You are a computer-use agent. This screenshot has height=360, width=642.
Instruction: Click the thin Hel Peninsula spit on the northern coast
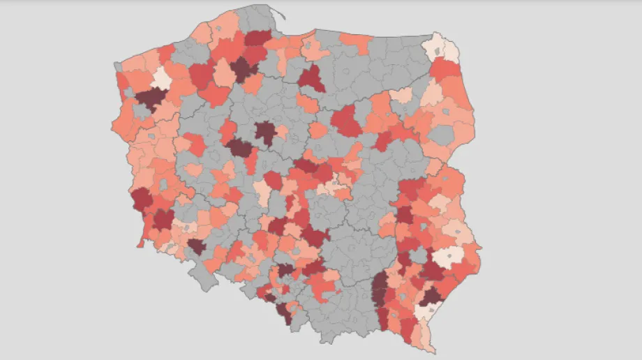click(x=278, y=12)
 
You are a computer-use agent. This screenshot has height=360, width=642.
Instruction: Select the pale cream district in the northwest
click(x=161, y=77)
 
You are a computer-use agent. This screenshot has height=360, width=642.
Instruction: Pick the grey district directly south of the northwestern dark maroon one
click(x=144, y=111)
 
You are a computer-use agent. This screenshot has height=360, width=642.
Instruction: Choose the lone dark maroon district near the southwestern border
click(x=196, y=246)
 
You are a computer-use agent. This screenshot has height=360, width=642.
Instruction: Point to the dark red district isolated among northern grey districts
click(x=312, y=78)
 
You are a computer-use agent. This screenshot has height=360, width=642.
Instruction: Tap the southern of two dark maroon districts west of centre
click(x=239, y=147)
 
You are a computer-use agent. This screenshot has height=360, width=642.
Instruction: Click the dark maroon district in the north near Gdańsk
click(x=243, y=69)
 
